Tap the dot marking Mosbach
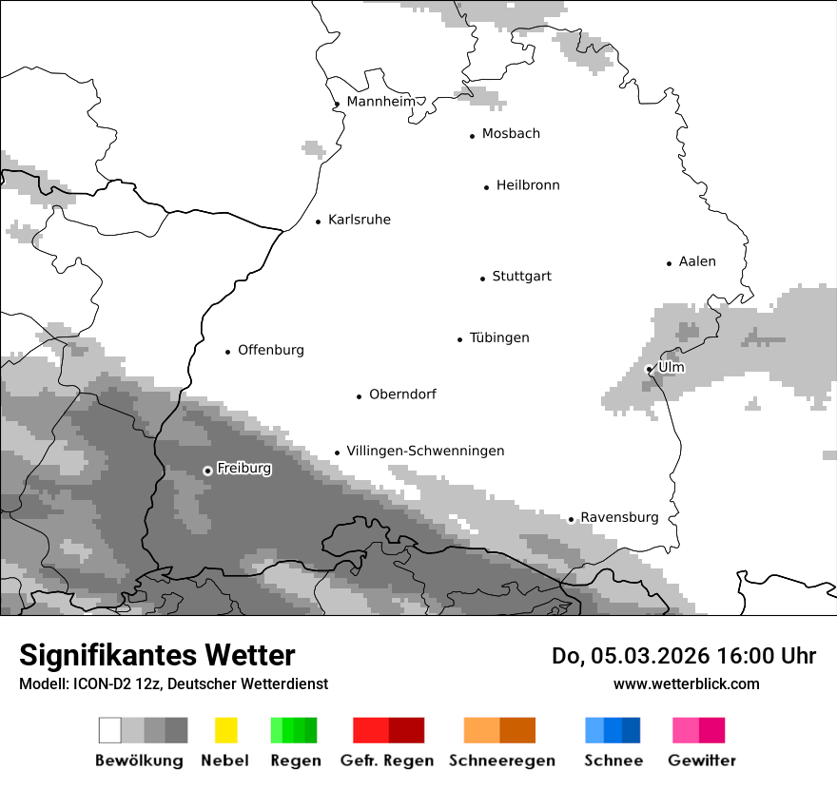pyautogui.click(x=472, y=136)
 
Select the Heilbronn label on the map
pyautogui.click(x=528, y=185)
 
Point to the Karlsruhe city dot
pyautogui.click(x=319, y=221)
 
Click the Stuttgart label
pyautogui.click(x=521, y=277)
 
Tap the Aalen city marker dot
pyautogui.click(x=670, y=263)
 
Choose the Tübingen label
pyautogui.click(x=499, y=338)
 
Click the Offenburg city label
pyautogui.click(x=271, y=350)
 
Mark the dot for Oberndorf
pyautogui.click(x=360, y=396)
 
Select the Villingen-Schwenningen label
pyautogui.click(x=425, y=451)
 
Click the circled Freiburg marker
pyautogui.click(x=207, y=471)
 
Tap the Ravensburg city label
pyautogui.click(x=619, y=518)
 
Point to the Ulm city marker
pyautogui.click(x=650, y=369)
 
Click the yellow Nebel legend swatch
pyautogui.click(x=225, y=730)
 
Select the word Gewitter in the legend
pyautogui.click(x=702, y=760)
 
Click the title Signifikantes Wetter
pyautogui.click(x=157, y=655)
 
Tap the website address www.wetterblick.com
pyautogui.click(x=686, y=683)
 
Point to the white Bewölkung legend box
pyautogui.click(x=110, y=730)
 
